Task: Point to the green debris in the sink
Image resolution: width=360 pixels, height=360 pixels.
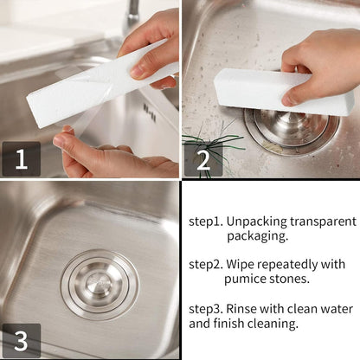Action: (x=212, y=143)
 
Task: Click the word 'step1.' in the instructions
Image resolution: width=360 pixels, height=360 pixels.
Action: (x=208, y=220)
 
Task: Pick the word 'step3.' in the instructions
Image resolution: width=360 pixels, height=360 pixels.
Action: (x=208, y=308)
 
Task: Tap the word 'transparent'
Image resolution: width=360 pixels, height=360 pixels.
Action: (x=321, y=220)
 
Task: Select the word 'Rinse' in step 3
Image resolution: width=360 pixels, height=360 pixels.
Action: (x=247, y=308)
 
